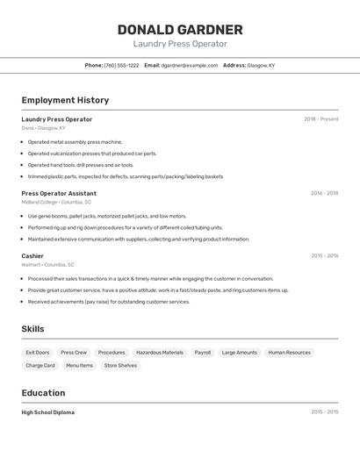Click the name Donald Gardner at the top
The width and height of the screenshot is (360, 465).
180,30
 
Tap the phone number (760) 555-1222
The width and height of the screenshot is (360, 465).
121,65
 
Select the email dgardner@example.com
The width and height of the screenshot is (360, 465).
189,65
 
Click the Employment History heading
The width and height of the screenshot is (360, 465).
65,100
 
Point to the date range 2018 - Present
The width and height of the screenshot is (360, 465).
320,119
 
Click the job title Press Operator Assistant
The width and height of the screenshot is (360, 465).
59,193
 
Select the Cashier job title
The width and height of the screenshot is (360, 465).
32,256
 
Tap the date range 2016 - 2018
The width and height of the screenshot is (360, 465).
324,193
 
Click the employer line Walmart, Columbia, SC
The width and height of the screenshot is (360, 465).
47,264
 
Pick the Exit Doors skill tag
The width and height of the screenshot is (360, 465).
38,353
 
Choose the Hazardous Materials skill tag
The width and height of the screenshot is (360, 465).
160,353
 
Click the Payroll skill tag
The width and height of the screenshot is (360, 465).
203,353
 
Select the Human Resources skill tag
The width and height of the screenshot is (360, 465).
290,353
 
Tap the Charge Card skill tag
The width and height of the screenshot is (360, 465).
40,365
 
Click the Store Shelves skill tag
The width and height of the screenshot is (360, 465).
120,365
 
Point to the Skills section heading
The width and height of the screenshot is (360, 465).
33,329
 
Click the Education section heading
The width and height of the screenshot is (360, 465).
43,393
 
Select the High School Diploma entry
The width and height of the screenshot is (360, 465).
48,412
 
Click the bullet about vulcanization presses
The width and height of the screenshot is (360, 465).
92,154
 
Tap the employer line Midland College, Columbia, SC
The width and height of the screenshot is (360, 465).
56,202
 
